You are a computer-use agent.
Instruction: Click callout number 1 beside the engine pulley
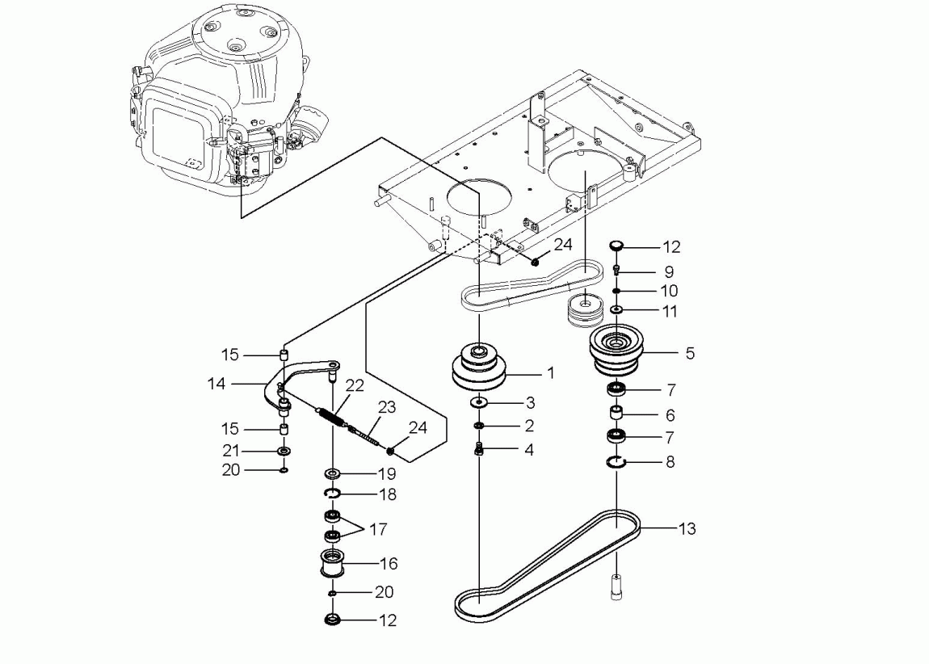coord(550,373)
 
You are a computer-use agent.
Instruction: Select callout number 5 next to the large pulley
coord(690,353)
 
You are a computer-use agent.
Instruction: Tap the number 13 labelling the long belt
coord(687,528)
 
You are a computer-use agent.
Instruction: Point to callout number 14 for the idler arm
coord(216,384)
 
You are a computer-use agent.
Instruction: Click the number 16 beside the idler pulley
coord(388,563)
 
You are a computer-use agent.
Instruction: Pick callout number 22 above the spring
coord(355,385)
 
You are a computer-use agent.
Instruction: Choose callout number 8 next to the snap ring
coord(670,461)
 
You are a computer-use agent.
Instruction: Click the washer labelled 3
coord(477,403)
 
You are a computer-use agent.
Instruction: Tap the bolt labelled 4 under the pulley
coord(479,450)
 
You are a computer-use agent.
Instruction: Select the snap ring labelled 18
coord(332,494)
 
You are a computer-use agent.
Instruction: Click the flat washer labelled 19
coord(331,474)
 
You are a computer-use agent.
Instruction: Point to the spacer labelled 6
coord(616,413)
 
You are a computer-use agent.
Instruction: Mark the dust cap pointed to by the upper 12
coord(616,245)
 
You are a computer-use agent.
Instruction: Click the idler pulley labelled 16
coord(332,563)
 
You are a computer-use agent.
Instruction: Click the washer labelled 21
coord(284,452)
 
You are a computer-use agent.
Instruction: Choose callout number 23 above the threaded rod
coord(387,407)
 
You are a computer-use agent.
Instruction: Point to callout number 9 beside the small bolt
coord(669,272)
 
